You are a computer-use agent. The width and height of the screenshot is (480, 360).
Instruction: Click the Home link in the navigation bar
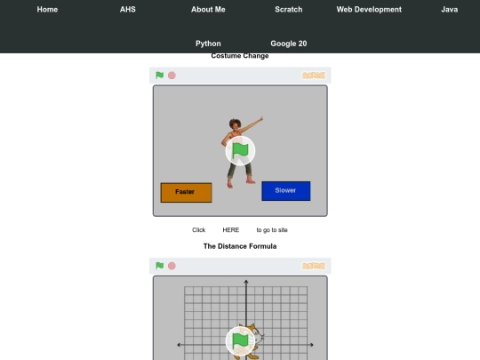47,10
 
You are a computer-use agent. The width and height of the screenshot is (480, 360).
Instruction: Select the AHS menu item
128,10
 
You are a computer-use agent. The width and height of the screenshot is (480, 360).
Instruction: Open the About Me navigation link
208,10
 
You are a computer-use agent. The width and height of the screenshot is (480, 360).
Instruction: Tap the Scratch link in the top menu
289,10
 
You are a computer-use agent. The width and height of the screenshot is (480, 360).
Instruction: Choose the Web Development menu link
369,10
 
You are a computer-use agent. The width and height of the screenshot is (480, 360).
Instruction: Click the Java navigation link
450,10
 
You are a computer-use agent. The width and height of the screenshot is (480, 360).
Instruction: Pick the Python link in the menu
208,44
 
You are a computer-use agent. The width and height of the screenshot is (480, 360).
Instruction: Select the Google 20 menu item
289,44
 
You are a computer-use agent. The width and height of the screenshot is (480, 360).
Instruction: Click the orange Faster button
186,193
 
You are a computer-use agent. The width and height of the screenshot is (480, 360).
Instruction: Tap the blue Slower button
286,191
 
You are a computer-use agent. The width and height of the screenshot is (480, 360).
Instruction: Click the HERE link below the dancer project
231,230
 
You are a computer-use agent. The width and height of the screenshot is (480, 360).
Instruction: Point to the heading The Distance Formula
240,246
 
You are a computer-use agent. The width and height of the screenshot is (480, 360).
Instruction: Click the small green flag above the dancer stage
159,75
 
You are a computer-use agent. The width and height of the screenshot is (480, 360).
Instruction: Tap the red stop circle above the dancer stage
172,76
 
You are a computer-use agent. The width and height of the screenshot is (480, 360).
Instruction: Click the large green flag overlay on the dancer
240,151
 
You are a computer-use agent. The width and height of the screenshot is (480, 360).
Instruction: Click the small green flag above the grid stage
159,266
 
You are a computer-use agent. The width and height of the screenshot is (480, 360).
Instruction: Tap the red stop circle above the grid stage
172,266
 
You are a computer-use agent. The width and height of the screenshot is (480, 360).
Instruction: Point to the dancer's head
235,124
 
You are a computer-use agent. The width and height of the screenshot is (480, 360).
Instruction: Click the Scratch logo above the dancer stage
314,76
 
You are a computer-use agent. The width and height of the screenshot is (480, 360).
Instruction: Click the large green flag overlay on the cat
240,341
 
